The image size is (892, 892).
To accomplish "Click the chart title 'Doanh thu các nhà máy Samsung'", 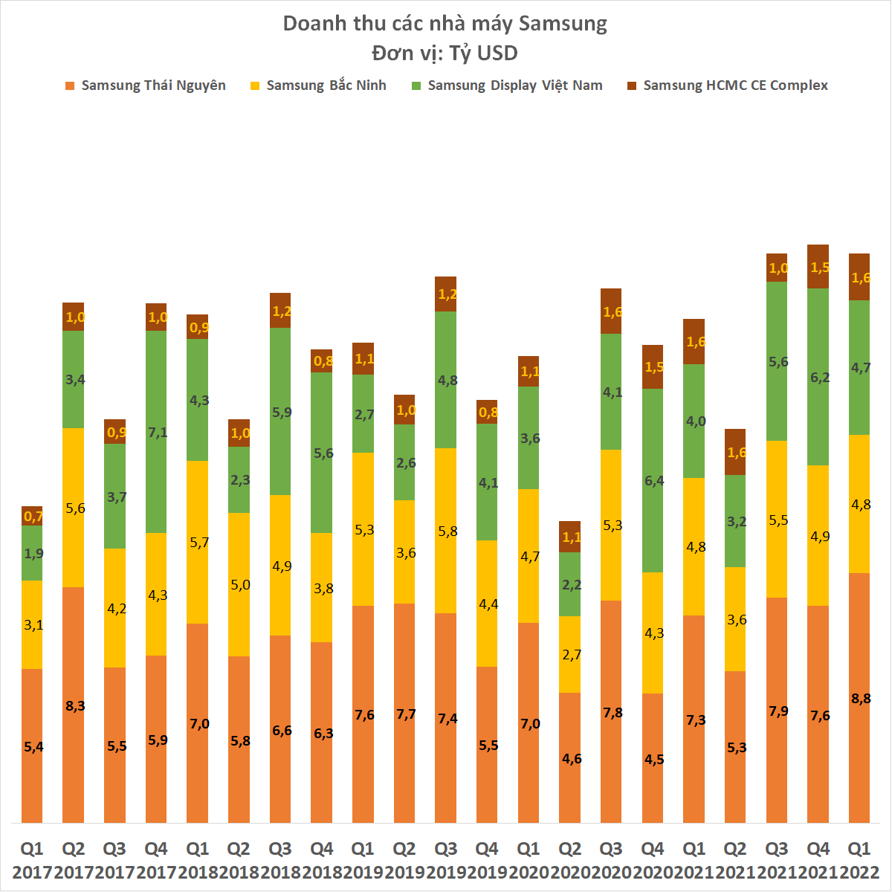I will pyautogui.click(x=445, y=24).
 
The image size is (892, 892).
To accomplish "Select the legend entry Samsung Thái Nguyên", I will pyautogui.click(x=153, y=85).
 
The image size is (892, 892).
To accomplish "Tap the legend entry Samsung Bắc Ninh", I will pyautogui.click(x=326, y=85).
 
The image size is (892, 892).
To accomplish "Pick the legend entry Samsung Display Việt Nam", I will pyautogui.click(x=515, y=85).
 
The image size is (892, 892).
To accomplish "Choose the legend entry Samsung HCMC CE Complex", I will pyautogui.click(x=735, y=85).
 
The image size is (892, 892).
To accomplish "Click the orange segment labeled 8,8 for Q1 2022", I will pyautogui.click(x=859, y=697).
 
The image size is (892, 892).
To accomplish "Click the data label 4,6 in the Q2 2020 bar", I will pyautogui.click(x=571, y=759).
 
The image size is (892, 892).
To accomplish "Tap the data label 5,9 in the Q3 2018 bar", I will pyautogui.click(x=281, y=413).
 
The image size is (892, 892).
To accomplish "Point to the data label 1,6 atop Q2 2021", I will pyautogui.click(x=736, y=452).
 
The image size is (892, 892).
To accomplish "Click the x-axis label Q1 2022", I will pyautogui.click(x=859, y=860).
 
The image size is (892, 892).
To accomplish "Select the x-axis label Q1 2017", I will pyautogui.click(x=32, y=860).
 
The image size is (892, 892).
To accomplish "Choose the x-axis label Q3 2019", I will pyautogui.click(x=445, y=860).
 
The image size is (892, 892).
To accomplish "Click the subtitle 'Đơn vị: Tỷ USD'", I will pyautogui.click(x=445, y=54).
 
